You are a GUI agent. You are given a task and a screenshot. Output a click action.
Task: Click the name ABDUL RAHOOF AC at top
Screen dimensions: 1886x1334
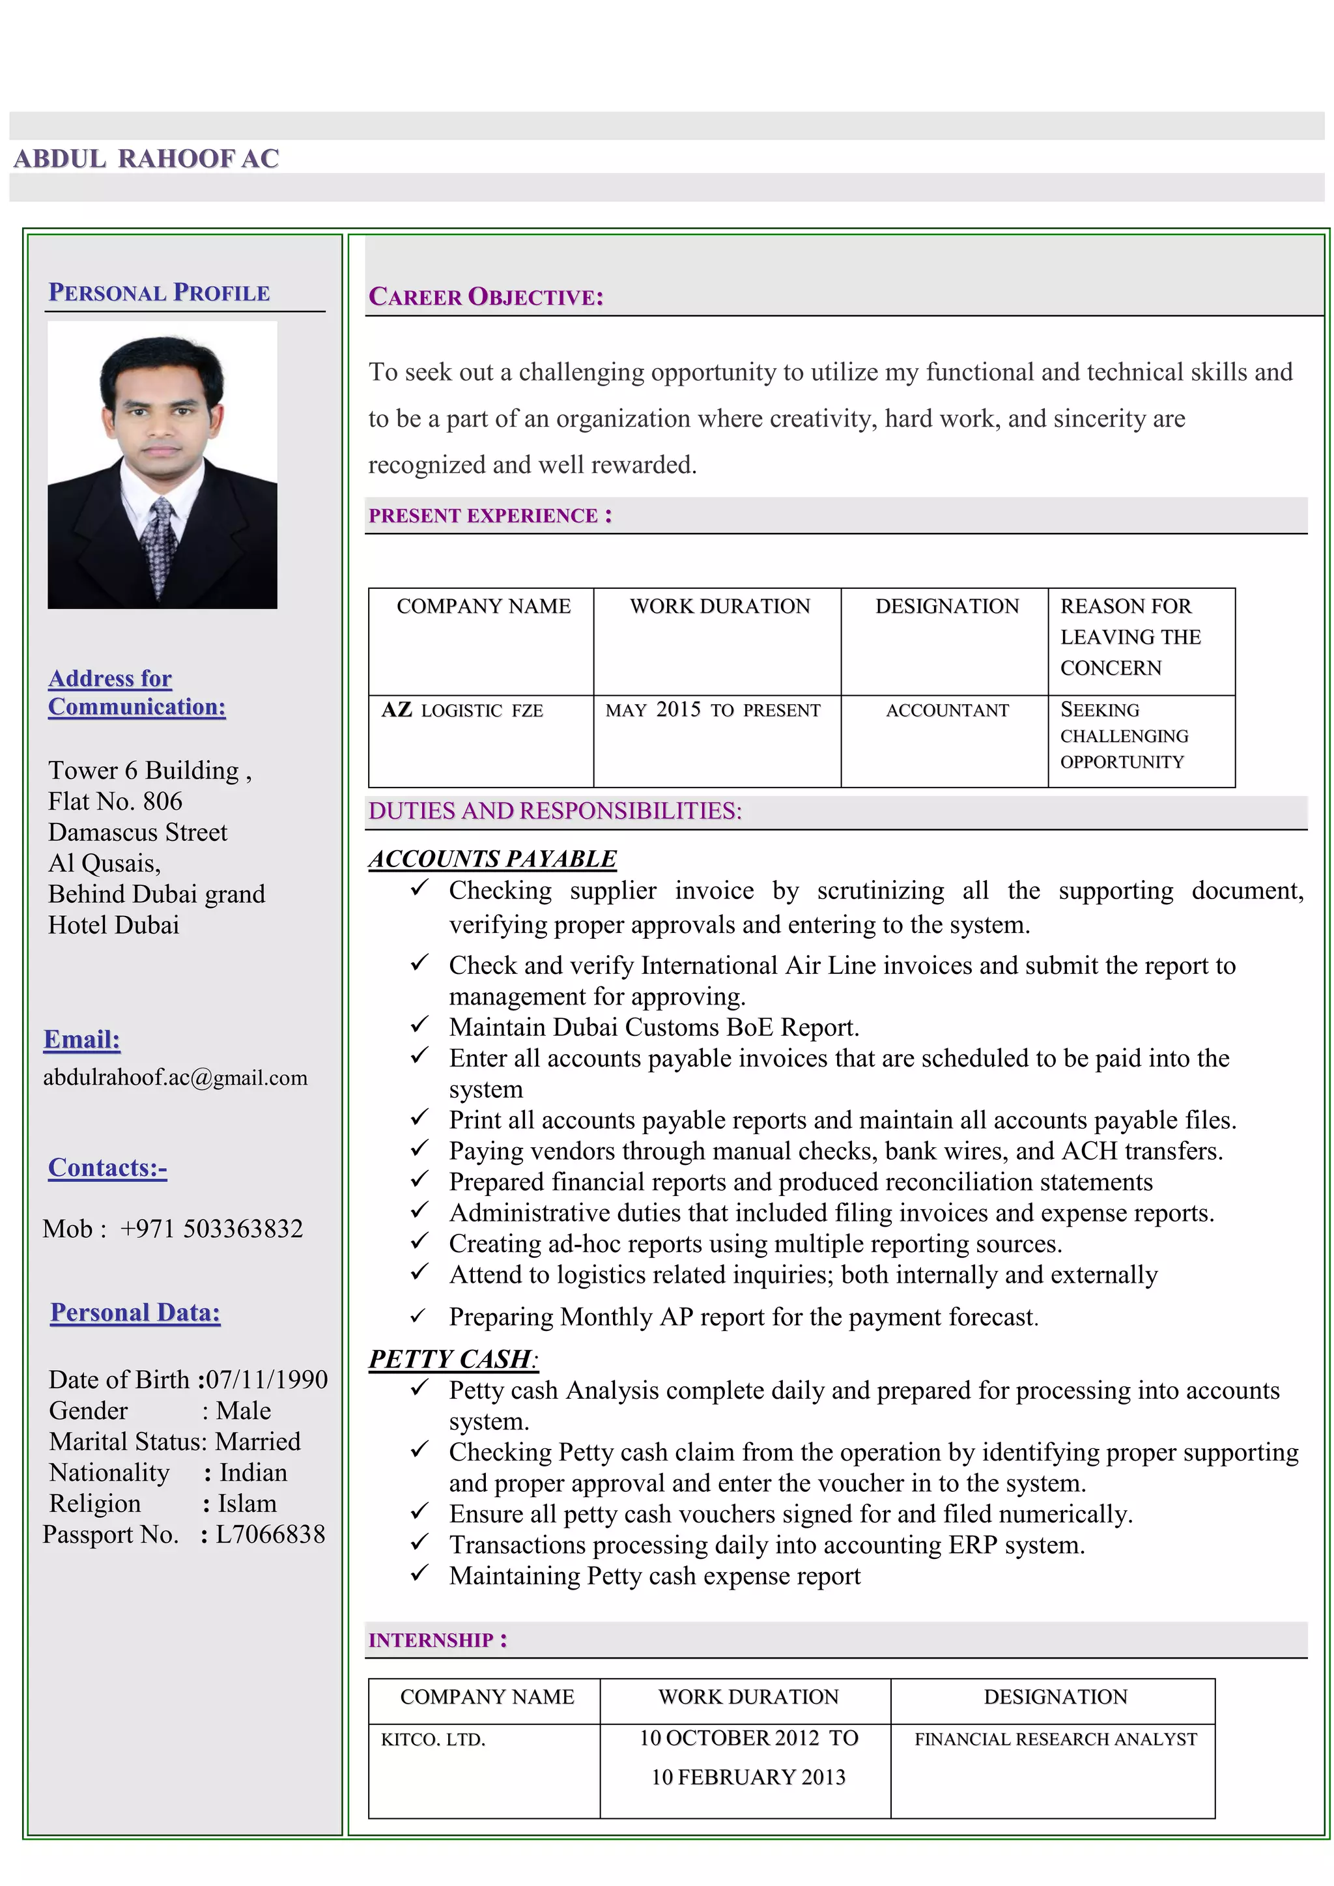[x=146, y=158]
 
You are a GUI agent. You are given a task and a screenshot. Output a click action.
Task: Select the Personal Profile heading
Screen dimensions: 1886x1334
[x=160, y=293]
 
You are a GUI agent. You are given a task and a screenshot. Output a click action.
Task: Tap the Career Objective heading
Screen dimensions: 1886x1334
[x=485, y=296]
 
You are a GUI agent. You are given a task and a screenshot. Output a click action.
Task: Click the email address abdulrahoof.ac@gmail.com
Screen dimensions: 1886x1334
[x=175, y=1078]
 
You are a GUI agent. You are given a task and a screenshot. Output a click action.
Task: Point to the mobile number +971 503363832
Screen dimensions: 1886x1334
[x=211, y=1229]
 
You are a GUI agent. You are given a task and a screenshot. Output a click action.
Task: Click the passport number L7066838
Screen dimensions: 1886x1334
[x=270, y=1534]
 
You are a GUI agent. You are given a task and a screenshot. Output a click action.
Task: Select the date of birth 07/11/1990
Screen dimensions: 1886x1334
[x=266, y=1380]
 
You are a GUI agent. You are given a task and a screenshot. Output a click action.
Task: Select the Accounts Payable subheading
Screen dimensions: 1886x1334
[x=492, y=859]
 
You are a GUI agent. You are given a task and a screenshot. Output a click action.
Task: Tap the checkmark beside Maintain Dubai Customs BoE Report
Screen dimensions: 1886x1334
[x=419, y=1025]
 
